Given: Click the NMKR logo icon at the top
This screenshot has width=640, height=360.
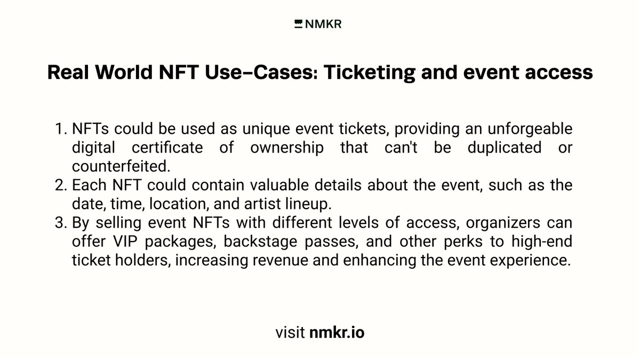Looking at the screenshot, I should pyautogui.click(x=298, y=23).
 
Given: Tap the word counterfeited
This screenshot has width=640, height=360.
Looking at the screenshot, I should pyautogui.click(x=121, y=166).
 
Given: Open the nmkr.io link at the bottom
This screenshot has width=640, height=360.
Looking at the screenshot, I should pyautogui.click(x=337, y=333).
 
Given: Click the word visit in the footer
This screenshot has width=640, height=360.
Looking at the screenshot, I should pyautogui.click(x=290, y=333).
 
